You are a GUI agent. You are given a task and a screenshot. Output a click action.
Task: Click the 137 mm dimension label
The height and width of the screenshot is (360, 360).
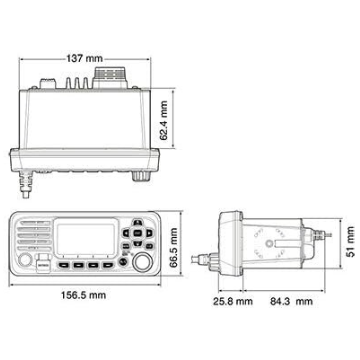84,59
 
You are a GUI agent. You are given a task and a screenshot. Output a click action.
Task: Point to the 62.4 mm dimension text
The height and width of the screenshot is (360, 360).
164,120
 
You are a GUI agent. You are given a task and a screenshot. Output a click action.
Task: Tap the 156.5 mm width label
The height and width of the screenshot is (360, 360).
83,295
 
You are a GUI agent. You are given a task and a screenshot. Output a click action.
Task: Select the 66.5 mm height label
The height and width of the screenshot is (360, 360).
173,248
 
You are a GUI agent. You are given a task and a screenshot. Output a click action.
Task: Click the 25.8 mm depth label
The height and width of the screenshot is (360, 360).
233,302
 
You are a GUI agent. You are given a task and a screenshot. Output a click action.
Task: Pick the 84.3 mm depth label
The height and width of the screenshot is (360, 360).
291,302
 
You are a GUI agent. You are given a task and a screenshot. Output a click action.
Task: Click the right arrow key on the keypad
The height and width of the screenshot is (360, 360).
149,233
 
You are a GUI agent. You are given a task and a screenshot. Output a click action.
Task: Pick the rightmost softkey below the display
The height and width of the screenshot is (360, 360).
108,265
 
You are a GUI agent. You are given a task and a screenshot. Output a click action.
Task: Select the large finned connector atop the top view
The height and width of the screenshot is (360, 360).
110,78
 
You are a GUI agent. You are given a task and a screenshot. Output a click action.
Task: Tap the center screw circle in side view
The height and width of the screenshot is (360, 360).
269,244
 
